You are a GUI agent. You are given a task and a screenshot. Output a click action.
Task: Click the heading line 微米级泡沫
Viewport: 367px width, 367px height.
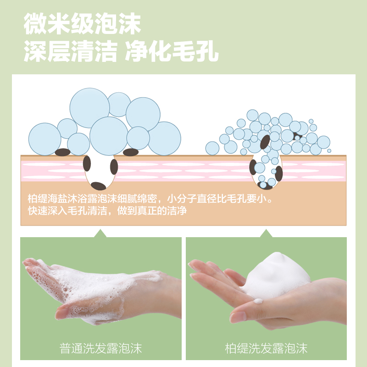tap(82, 24)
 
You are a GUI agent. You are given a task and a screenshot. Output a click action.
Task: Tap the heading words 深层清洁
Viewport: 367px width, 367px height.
tap(70, 51)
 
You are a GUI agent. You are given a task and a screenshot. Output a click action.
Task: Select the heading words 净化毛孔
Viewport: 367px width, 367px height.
tap(172, 51)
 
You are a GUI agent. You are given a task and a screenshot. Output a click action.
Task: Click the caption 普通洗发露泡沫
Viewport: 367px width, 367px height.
tap(100, 348)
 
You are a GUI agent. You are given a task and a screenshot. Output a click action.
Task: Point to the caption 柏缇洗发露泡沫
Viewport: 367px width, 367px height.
tap(266, 348)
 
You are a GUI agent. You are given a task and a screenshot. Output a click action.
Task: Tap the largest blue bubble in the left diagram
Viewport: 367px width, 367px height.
tap(89, 108)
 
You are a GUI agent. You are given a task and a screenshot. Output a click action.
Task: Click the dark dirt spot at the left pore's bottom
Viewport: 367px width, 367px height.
tap(98, 186)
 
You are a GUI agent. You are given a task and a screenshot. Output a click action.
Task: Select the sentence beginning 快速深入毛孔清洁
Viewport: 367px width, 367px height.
tap(107, 211)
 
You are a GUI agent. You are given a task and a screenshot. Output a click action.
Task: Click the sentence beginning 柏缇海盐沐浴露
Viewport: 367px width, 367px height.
tap(150, 199)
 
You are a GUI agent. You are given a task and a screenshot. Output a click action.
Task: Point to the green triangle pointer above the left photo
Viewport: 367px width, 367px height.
tap(100, 234)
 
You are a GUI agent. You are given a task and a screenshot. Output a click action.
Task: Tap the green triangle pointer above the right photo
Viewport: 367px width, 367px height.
tap(266, 234)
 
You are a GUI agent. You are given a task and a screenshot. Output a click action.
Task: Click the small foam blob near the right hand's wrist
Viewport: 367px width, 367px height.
tap(258, 301)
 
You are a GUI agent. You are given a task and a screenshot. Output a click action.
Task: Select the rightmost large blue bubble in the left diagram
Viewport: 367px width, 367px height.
tap(165, 139)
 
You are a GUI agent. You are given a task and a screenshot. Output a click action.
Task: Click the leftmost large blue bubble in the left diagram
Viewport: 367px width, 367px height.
tap(44, 139)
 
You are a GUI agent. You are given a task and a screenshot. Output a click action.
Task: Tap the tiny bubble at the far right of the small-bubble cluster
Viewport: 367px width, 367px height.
tap(329, 151)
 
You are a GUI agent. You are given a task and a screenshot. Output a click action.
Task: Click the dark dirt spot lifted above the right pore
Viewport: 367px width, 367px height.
tap(265, 142)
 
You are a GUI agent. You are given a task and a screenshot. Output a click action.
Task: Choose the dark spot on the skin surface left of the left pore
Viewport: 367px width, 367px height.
tap(63, 152)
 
